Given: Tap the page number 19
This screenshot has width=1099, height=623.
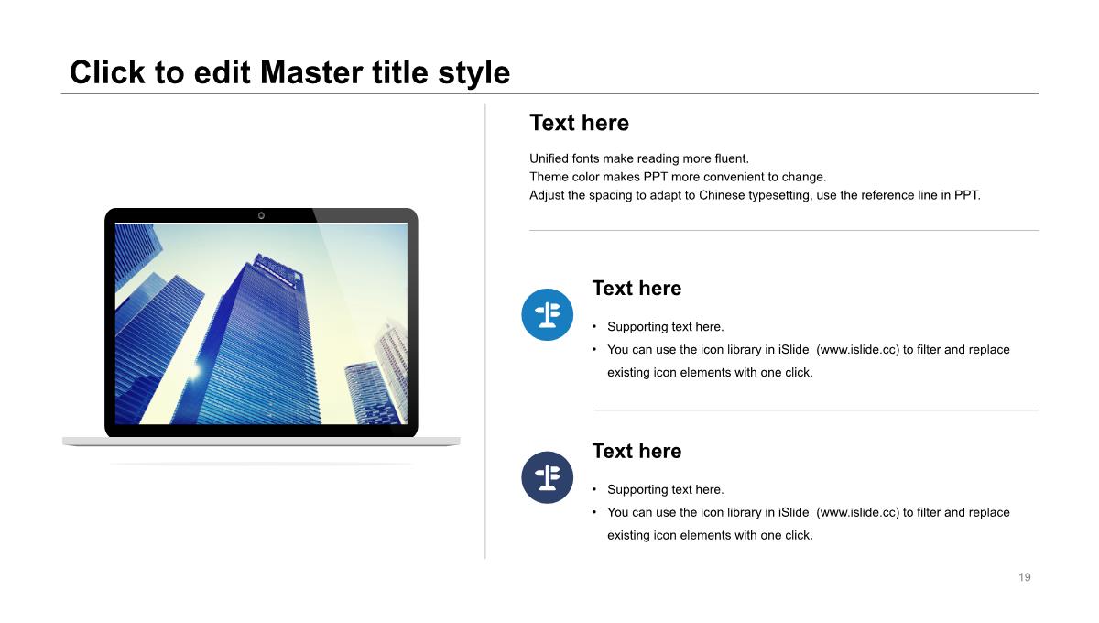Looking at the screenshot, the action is point(1025,577).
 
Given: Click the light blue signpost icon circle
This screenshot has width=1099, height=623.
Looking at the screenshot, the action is point(547,314).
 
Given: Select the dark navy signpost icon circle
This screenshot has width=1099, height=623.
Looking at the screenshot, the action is point(547,477).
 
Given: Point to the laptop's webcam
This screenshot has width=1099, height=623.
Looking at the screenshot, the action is point(261,215).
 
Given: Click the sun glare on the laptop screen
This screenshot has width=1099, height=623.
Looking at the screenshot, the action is point(194,371).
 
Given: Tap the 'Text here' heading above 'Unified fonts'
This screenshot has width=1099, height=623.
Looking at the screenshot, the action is point(579,123).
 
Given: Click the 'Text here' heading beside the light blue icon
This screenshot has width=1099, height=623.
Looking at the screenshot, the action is point(637,289).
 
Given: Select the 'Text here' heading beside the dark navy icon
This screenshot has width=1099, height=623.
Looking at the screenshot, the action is point(637,451).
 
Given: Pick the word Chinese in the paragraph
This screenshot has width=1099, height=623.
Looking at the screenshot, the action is point(722,195).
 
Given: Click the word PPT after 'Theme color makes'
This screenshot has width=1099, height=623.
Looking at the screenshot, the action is point(655,177).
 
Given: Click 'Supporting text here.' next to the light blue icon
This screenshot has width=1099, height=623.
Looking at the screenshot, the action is point(665,327).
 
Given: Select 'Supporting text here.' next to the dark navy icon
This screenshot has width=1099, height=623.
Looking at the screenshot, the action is point(665,490).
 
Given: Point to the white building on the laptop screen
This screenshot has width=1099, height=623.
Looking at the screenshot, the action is point(393,354).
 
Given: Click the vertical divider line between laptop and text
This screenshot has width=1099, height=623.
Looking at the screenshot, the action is point(485,332).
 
